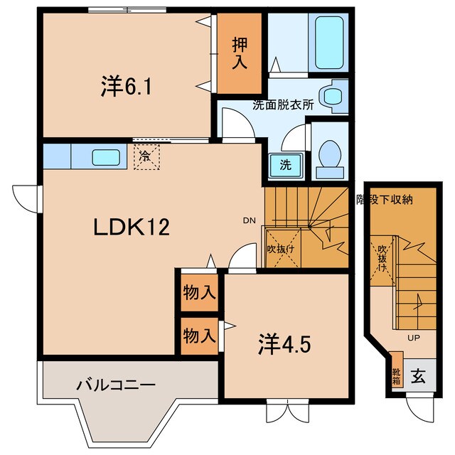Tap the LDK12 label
point(132,227)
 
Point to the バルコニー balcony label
point(116,385)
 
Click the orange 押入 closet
point(238,54)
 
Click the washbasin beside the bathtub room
point(331,95)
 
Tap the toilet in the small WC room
point(328,156)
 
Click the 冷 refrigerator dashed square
point(145,155)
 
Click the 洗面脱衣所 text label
point(283,105)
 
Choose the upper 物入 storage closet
point(198,291)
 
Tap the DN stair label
point(248,220)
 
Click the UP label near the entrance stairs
point(414,338)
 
